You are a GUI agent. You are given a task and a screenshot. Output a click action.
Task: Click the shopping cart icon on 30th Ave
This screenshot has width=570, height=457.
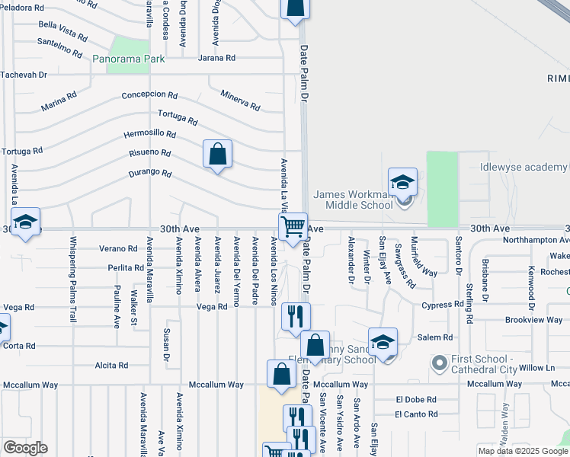point(293,226)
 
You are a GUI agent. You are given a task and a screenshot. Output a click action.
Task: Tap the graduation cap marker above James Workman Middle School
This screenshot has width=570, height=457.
point(402,182)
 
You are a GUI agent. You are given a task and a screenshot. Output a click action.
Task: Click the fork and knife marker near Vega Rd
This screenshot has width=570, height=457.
point(296,316)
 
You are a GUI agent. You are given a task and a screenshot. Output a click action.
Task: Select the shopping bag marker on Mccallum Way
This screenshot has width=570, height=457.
point(281,374)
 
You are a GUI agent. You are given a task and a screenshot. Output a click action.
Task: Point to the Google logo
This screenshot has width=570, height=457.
point(25,447)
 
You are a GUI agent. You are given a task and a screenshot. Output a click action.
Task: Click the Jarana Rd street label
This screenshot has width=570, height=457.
point(217,58)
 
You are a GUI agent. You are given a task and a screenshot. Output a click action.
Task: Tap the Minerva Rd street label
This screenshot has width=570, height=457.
point(240,99)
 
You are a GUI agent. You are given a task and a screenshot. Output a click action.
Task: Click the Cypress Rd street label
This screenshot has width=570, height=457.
point(443,305)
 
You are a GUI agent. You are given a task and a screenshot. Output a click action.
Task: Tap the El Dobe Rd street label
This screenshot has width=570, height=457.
point(416,399)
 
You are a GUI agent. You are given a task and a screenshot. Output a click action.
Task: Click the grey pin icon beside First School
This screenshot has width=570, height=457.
point(438,362)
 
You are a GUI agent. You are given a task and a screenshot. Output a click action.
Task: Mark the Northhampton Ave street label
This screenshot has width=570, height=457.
point(536,240)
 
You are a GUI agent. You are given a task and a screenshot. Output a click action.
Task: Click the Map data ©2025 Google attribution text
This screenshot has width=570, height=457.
point(522,451)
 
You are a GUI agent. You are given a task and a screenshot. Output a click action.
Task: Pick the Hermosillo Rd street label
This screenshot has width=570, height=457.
point(150,135)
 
